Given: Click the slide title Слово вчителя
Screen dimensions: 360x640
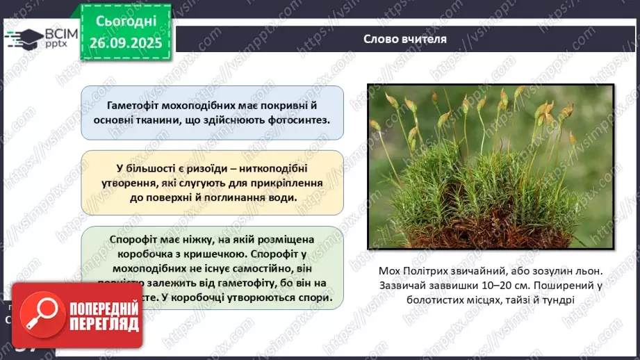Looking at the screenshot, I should (404, 39).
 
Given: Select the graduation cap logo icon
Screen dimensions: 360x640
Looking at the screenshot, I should (23, 38).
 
